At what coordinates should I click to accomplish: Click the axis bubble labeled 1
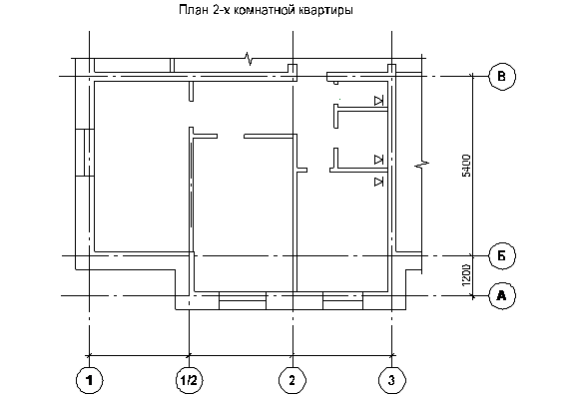[90, 380]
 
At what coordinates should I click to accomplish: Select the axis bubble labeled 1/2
[189, 380]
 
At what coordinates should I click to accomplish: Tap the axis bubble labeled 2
[292, 380]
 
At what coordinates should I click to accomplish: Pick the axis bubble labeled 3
[391, 380]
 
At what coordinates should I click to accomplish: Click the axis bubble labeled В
[502, 76]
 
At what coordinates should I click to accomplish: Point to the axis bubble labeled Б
[502, 255]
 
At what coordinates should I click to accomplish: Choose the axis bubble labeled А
[502, 295]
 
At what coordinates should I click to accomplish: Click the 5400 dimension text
[466, 166]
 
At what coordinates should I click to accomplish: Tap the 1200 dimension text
[466, 275]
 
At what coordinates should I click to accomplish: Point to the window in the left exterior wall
[85, 153]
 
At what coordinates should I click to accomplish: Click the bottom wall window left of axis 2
[243, 301]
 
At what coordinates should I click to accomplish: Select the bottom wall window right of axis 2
[342, 301]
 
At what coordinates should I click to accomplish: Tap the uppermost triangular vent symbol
[378, 101]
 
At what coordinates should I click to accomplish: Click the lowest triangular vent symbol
[378, 182]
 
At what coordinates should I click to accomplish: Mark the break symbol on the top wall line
[249, 58]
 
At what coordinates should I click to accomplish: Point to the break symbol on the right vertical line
[421, 165]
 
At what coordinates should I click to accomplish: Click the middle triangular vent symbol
[378, 160]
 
